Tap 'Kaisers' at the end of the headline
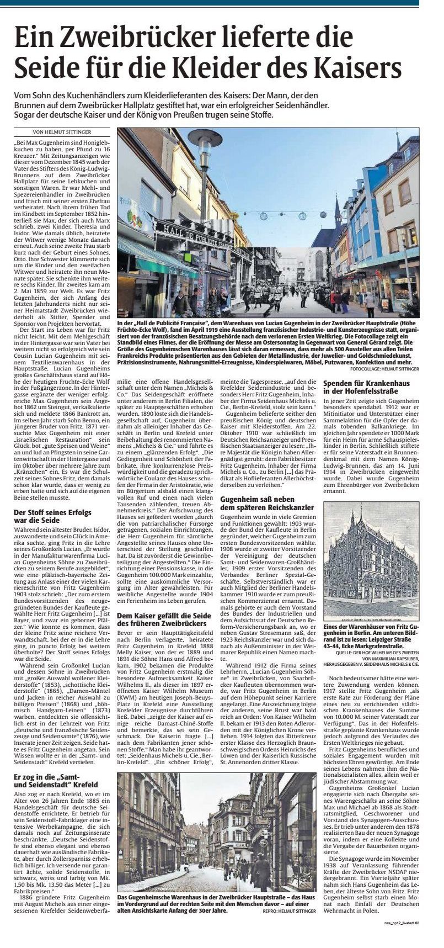pyautogui.click(x=354, y=69)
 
